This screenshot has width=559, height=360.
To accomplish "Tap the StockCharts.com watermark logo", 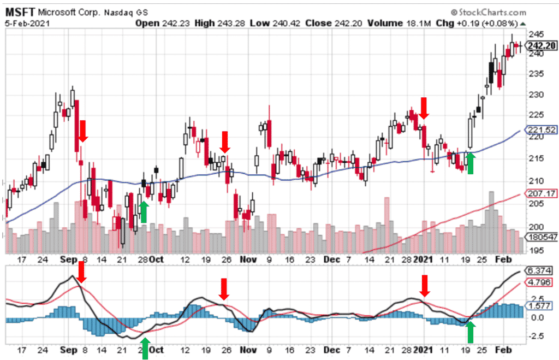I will tap(489, 12).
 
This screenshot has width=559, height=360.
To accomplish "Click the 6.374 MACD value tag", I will tap(539, 271).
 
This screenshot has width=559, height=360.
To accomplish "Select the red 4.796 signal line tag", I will tap(539, 282).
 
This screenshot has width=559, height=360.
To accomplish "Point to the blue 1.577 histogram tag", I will tap(539, 306).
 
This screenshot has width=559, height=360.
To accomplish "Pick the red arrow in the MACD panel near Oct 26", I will tap(223, 289).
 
